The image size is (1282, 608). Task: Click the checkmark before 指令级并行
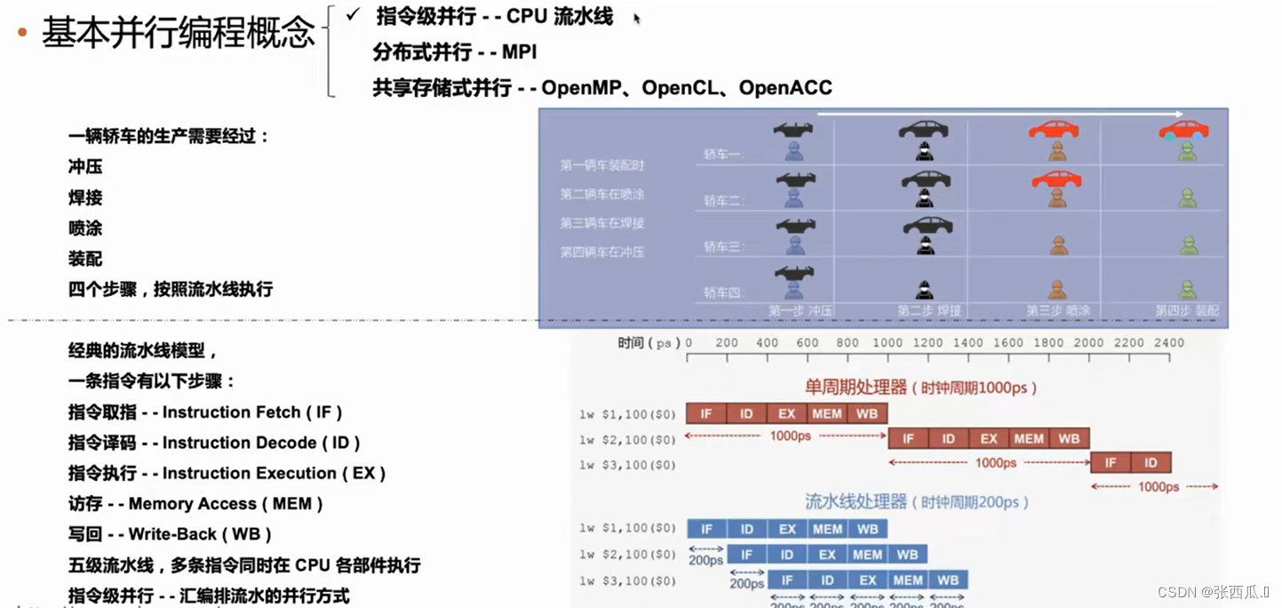354,15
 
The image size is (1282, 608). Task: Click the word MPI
520,52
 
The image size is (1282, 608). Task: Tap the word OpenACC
785,87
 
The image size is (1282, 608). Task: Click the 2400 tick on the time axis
1169,343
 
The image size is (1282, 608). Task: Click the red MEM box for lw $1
827,413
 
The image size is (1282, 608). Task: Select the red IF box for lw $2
908,438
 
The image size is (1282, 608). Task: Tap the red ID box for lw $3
1151,462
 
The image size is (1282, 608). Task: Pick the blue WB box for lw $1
867,529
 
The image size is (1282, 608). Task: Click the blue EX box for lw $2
827,555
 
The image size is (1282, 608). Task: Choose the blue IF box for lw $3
787,580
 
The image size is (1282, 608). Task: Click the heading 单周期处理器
856,388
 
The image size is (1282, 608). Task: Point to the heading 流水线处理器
856,502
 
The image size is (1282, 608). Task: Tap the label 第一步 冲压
800,311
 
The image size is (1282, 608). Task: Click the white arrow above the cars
999,115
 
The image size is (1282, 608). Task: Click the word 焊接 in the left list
85,197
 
